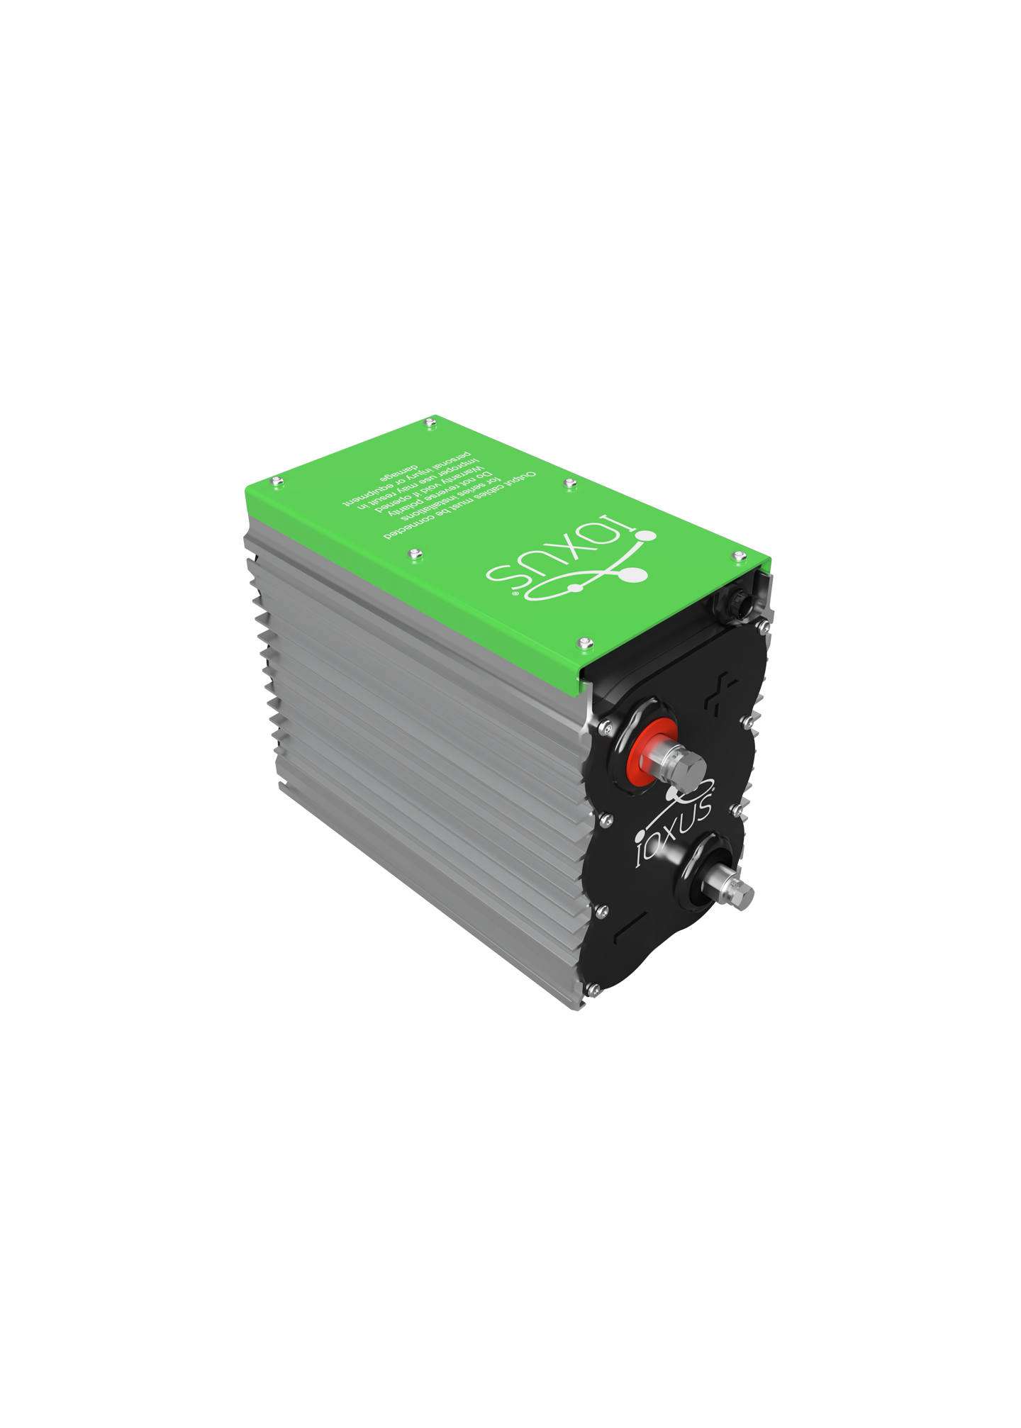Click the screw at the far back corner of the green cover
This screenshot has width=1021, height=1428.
tap(430, 423)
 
